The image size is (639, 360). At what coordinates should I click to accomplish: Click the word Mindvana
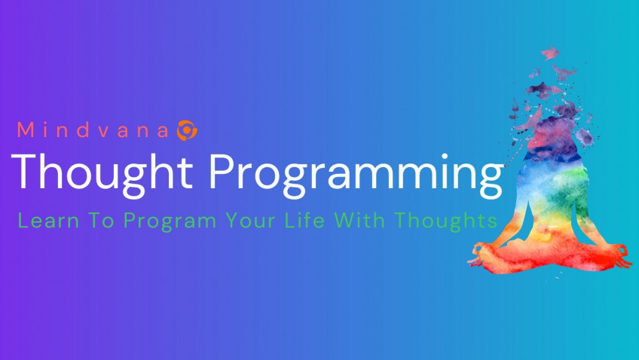coord(94,130)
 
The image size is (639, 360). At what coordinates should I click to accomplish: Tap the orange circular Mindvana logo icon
coord(186,130)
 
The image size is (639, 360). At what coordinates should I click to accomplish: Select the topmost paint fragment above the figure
coord(549,53)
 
